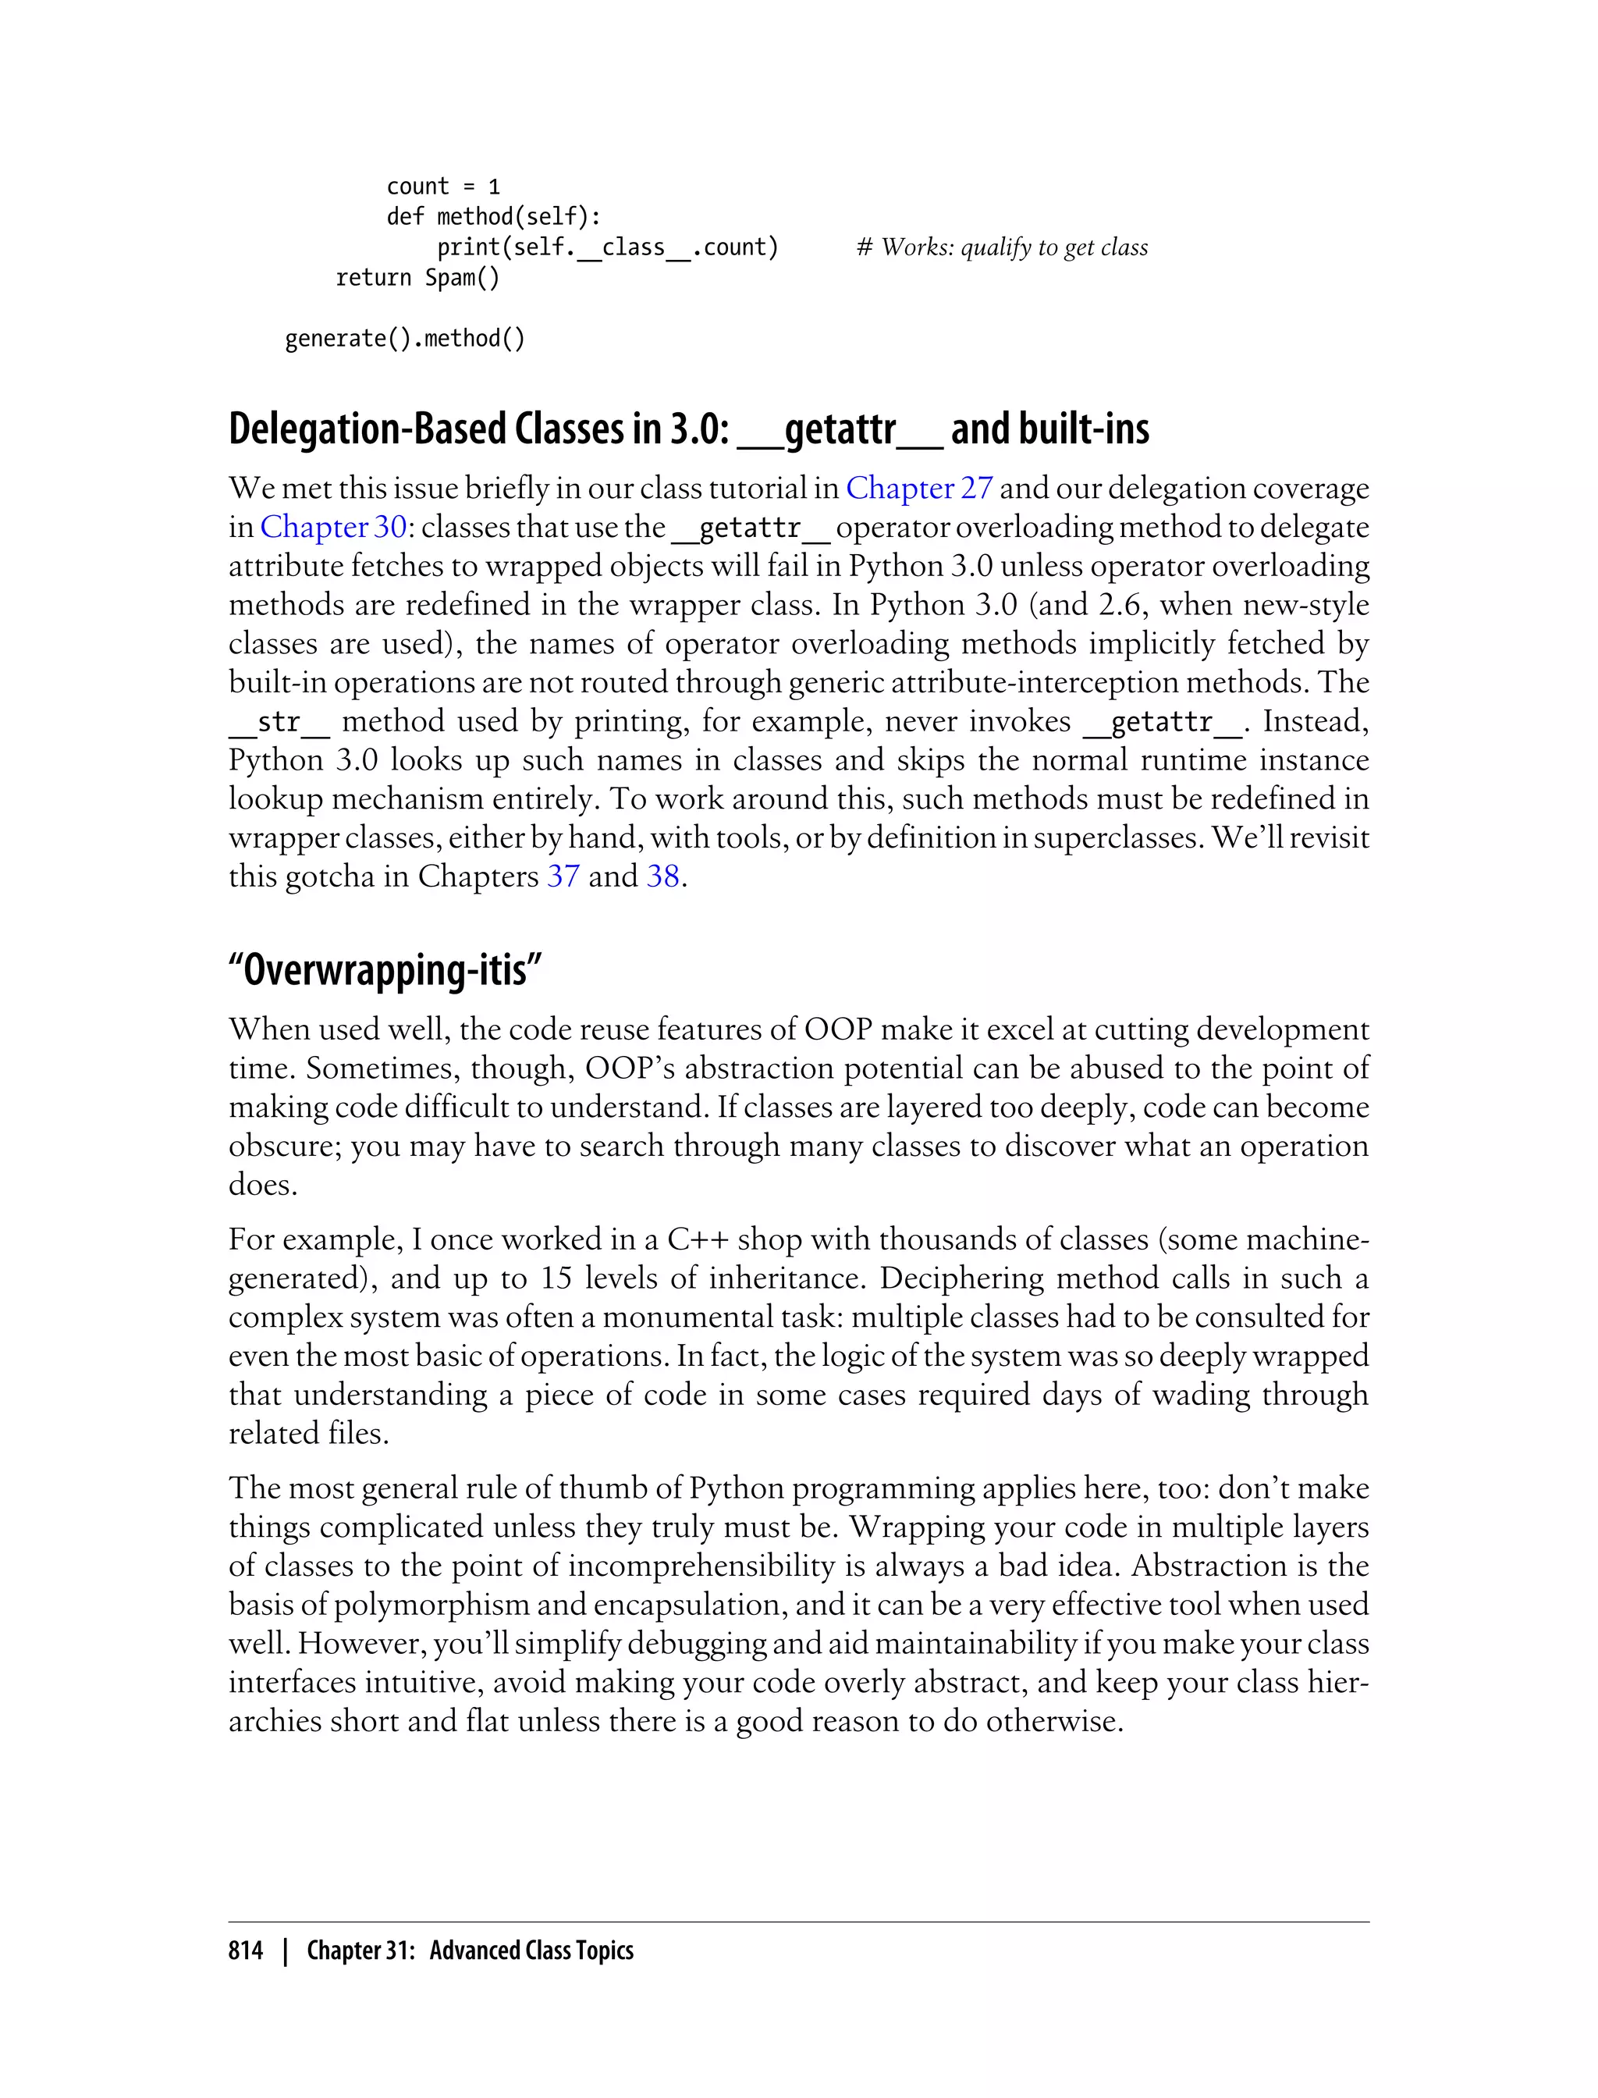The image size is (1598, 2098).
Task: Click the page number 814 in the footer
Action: [x=246, y=1950]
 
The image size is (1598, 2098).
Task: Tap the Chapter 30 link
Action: [x=333, y=527]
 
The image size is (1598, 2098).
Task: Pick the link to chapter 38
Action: [x=663, y=877]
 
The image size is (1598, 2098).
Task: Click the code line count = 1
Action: [x=442, y=187]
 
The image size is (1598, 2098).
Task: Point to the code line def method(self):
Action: [x=494, y=217]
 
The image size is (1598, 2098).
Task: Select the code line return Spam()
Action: [x=417, y=278]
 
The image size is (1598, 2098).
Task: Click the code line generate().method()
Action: [x=405, y=339]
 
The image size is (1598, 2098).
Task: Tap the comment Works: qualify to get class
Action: [x=1003, y=247]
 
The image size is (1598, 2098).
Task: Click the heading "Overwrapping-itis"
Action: [x=385, y=970]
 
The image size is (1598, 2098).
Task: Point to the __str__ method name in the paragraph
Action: [x=279, y=722]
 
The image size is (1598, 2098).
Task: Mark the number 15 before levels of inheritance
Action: [x=556, y=1278]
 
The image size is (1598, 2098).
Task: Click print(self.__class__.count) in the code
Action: [x=608, y=247]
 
